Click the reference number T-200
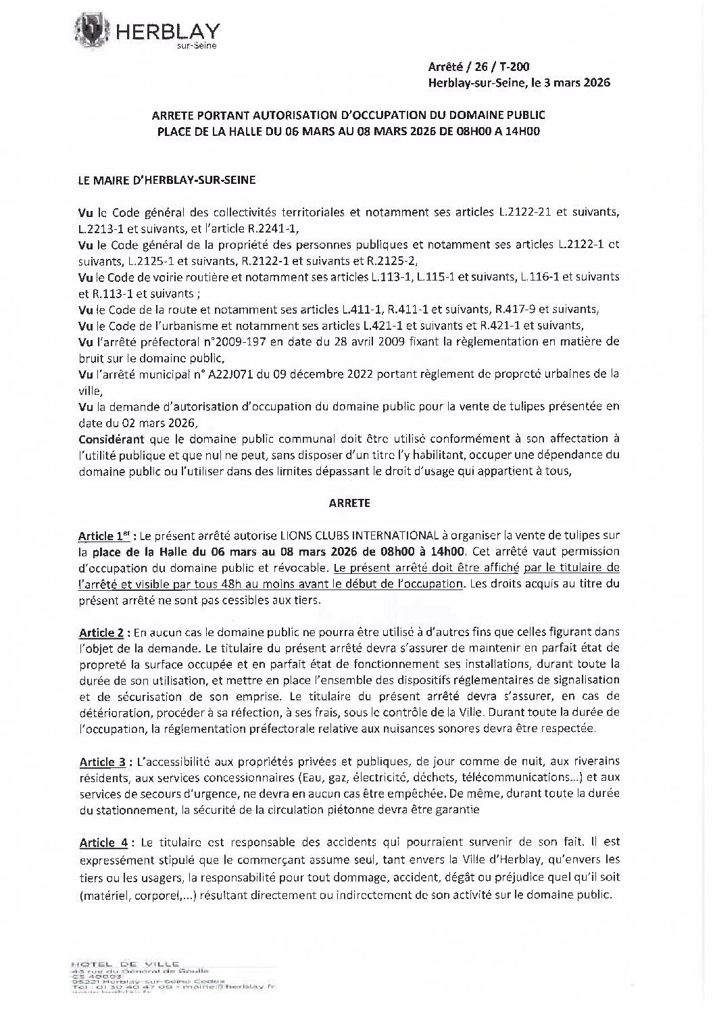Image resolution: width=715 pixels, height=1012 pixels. [x=515, y=66]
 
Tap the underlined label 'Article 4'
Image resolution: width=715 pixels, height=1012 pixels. [x=104, y=842]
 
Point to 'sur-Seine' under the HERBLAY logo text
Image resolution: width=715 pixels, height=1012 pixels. [x=192, y=45]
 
